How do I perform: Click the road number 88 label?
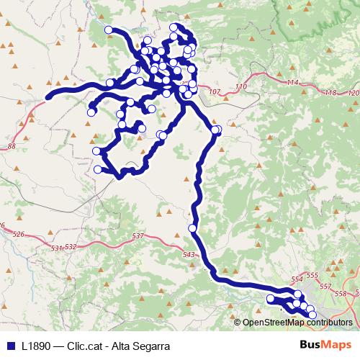11,146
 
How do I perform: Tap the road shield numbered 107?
212,92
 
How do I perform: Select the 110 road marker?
240,86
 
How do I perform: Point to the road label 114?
292,84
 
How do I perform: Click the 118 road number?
330,93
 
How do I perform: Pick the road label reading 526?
19,235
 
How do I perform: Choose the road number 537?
139,236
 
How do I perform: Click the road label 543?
189,255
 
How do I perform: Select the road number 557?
325,286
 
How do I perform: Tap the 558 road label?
341,293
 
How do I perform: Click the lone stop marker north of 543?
192,228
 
